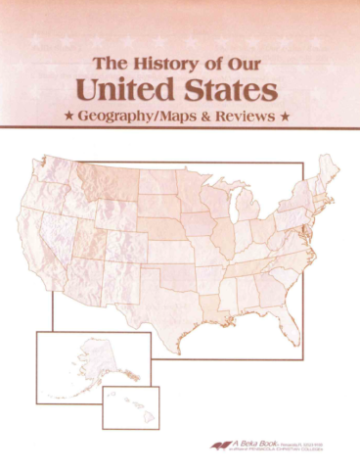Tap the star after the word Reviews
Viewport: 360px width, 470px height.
point(285,118)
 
